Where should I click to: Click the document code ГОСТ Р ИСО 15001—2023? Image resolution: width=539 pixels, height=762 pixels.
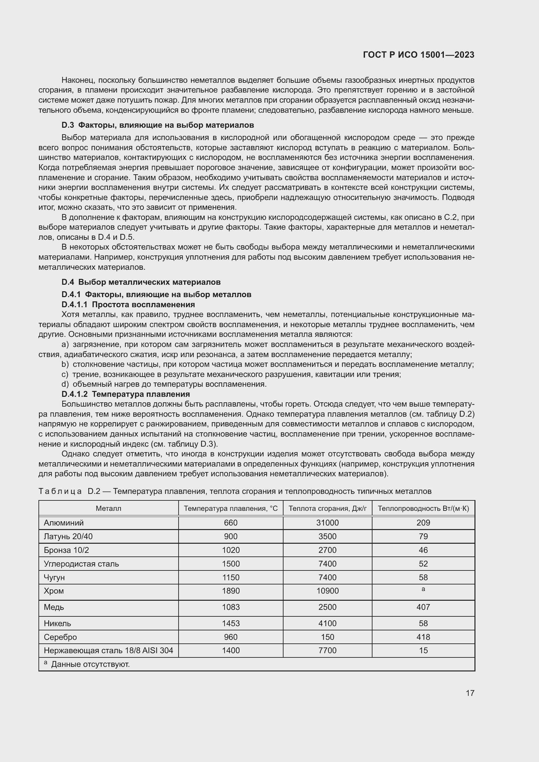(x=418, y=55)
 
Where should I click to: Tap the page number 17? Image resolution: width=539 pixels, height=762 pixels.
(x=470, y=693)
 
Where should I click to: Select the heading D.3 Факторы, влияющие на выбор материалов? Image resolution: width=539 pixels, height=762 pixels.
(x=158, y=125)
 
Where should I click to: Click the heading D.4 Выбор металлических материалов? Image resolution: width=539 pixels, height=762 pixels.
(x=141, y=282)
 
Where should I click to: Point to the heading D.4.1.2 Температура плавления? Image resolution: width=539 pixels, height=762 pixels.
(x=126, y=394)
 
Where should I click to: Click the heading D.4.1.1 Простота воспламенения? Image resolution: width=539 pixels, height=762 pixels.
(x=128, y=304)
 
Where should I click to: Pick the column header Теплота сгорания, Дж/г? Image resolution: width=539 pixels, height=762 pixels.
(x=327, y=509)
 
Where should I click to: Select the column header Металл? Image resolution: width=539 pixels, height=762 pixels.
(x=109, y=509)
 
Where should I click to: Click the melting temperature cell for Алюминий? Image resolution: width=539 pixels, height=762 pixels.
(x=231, y=523)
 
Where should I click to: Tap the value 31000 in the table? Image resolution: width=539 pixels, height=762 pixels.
(x=327, y=523)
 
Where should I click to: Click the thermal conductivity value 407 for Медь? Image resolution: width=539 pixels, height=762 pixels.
(x=423, y=607)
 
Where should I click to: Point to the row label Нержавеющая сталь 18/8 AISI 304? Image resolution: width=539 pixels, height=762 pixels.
(x=109, y=650)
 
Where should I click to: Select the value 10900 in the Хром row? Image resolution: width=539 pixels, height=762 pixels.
(x=327, y=591)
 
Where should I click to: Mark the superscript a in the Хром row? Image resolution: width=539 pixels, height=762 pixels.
(x=423, y=589)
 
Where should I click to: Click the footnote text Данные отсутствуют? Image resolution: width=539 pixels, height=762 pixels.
(x=90, y=664)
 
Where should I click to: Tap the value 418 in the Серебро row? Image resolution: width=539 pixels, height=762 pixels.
(x=423, y=637)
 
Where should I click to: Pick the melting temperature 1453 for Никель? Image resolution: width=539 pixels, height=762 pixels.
(x=231, y=623)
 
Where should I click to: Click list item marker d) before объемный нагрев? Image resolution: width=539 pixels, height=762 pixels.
(x=65, y=384)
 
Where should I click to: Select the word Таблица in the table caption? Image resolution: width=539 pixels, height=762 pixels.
(x=60, y=491)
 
